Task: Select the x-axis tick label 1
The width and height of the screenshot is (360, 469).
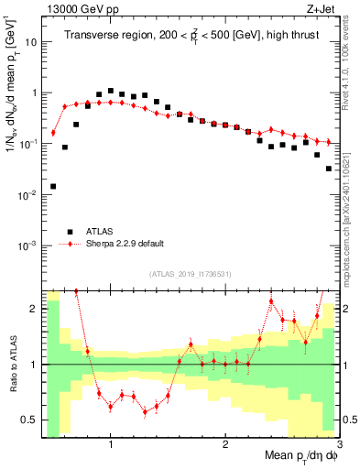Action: [111, 444]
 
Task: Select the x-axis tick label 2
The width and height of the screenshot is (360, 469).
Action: [225, 444]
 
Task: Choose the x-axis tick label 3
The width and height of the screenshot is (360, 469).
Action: [338, 444]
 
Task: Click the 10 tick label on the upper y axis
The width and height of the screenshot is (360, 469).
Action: [30, 42]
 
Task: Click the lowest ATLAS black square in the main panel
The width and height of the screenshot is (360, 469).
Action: [53, 186]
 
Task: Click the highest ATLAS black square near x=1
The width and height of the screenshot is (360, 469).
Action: [111, 91]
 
